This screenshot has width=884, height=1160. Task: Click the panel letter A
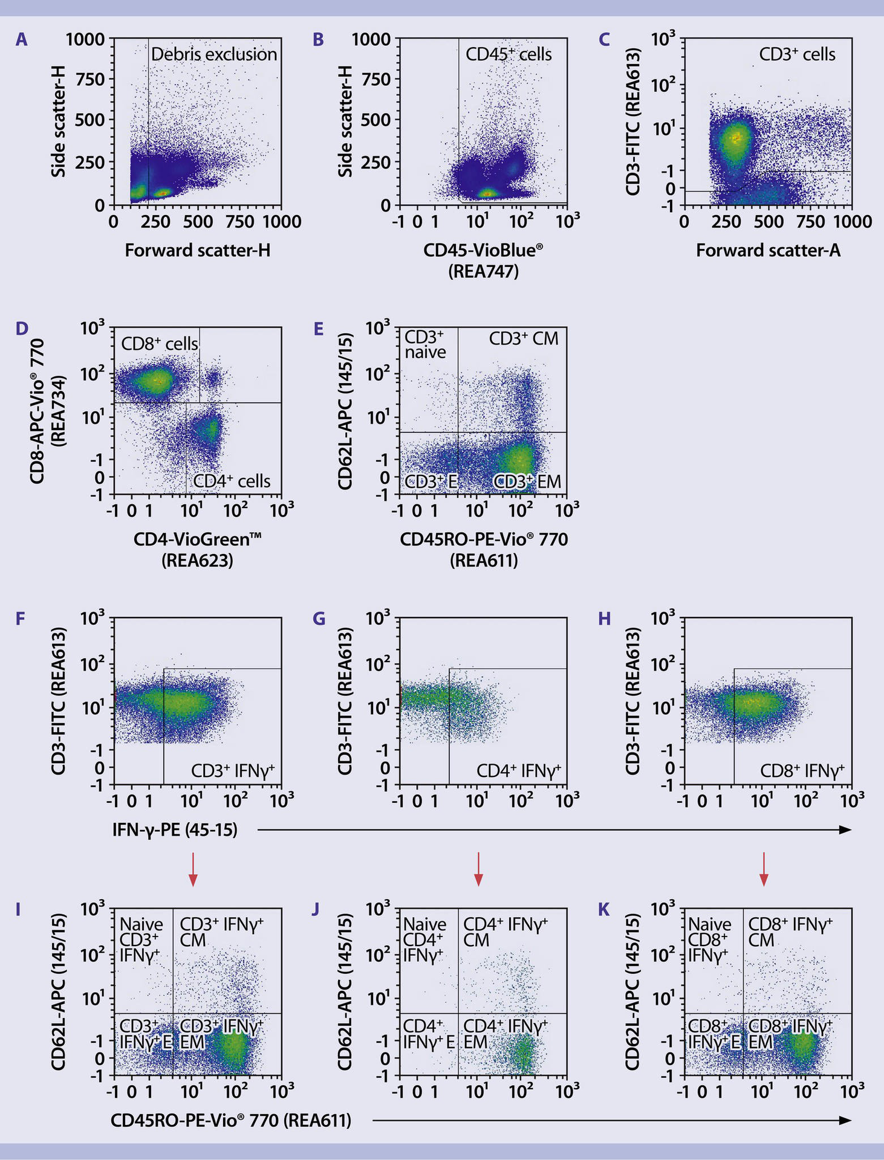tap(21, 40)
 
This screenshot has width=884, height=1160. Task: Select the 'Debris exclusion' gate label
tap(213, 54)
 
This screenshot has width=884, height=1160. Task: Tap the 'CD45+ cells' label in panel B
tap(508, 54)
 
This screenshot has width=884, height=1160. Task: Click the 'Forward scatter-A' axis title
tap(768, 250)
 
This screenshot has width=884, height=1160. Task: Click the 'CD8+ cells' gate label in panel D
tap(159, 344)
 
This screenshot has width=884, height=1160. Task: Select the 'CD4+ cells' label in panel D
tap(232, 481)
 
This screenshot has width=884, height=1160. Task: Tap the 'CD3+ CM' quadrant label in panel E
tap(524, 338)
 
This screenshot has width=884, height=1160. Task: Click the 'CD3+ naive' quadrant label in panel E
tap(424, 344)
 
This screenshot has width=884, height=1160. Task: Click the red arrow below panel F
tap(192, 869)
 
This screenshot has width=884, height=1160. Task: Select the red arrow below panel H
tap(764, 869)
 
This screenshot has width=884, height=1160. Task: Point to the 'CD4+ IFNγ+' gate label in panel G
tap(519, 770)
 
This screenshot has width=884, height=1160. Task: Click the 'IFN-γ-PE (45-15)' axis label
tap(175, 830)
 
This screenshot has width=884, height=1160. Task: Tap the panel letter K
tap(603, 909)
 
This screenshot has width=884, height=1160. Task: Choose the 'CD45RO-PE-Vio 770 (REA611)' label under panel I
tap(230, 1121)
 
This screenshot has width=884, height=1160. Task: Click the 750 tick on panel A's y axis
tap(89, 79)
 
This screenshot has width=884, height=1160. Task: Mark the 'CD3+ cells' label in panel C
tap(797, 54)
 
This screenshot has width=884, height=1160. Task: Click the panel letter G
tap(318, 619)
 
